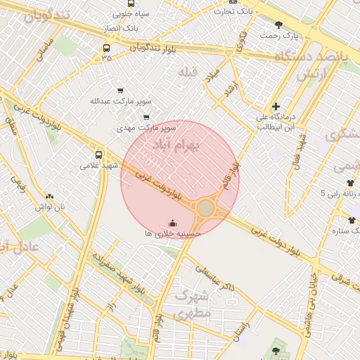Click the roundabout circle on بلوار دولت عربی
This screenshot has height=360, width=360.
pos(205,208)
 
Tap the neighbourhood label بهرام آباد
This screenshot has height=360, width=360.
pos(176,144)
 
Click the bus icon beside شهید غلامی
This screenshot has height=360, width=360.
pos(98,154)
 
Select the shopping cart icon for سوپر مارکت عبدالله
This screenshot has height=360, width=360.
pos(120,90)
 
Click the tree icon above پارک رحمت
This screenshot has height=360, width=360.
pos(278,24)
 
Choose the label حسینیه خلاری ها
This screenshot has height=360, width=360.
pos(173,233)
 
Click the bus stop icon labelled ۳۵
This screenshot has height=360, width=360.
pos(106,49)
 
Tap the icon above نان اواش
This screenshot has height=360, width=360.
pos(49,196)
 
